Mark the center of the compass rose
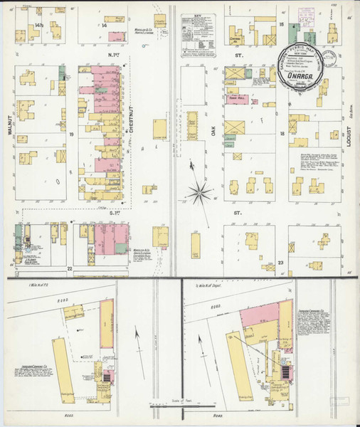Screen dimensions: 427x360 coord(201,190)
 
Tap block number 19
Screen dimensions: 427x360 coord(72,133)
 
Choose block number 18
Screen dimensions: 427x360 coord(282,133)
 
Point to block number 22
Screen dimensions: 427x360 coord(70,268)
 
